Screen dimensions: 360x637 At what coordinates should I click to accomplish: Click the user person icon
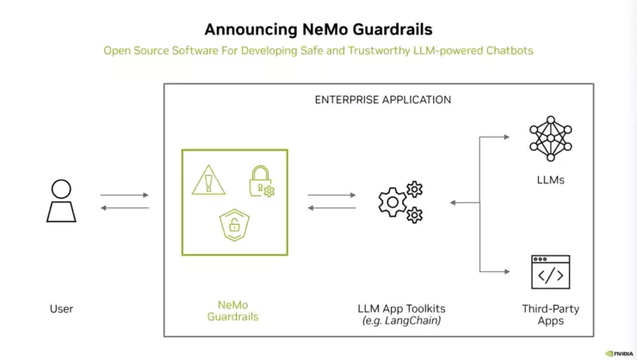[61, 201]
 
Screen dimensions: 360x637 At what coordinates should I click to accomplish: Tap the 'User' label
[61, 308]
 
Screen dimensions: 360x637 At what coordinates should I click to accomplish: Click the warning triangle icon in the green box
[207, 180]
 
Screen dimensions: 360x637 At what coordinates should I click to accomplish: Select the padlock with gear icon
[261, 181]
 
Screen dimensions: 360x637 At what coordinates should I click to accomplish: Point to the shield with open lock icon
[233, 226]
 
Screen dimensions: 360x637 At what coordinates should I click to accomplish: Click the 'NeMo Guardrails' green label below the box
[233, 310]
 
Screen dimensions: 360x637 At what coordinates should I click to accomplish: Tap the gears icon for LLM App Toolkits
[400, 202]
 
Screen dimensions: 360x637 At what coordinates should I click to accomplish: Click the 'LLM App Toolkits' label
[401, 308]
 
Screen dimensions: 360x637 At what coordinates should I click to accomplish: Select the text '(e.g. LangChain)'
[401, 320]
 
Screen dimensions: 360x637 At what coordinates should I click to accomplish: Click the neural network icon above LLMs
[550, 138]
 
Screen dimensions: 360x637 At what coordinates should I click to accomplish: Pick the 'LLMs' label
[550, 180]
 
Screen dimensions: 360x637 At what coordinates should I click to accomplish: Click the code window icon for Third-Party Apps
[550, 271]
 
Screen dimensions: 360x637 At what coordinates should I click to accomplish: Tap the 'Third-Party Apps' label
[550, 314]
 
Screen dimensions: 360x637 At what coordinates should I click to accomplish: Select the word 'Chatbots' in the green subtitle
[507, 50]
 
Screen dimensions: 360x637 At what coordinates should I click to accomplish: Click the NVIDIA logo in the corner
[619, 351]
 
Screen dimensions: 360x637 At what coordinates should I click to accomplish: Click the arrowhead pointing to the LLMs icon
[510, 137]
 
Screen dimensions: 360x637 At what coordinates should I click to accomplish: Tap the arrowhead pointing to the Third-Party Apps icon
[510, 271]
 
